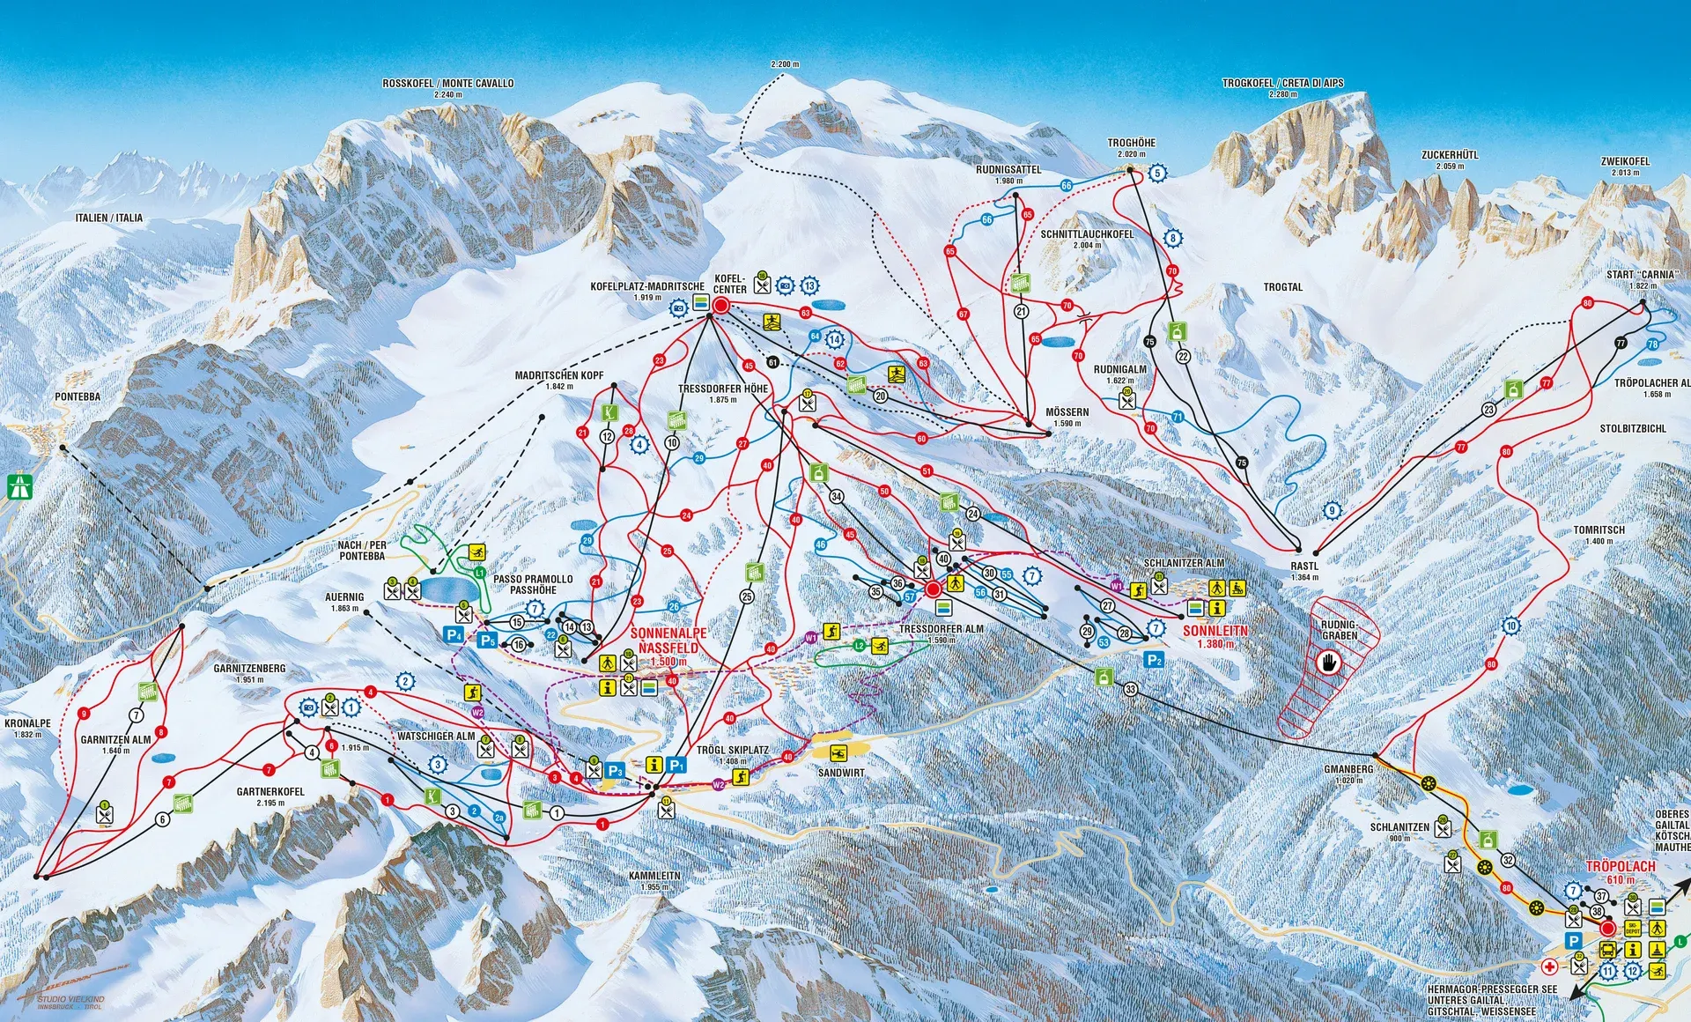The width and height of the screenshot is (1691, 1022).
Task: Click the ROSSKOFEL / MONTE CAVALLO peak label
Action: coord(447,83)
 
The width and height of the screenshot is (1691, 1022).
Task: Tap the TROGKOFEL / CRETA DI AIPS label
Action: coord(1282,83)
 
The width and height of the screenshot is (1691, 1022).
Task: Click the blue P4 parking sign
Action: coord(454,634)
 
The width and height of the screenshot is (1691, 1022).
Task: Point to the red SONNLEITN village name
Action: coord(1215,631)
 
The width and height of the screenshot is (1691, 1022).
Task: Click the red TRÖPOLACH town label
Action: coord(1621,866)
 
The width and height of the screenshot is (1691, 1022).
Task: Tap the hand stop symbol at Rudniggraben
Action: coord(1328,663)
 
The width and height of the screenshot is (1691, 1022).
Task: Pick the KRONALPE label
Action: coord(27,723)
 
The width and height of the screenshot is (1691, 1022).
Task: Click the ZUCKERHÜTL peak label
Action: coord(1450,155)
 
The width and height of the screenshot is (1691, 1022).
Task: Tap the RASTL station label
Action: coord(1304,567)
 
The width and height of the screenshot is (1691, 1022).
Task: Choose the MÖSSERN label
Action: coord(1067,412)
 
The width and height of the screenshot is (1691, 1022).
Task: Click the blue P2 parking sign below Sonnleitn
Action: coord(1154,660)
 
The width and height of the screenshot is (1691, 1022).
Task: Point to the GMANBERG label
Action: coord(1348,769)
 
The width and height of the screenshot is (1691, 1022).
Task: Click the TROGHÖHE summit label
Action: coord(1131,143)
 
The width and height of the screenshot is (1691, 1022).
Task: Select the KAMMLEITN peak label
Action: coord(654,877)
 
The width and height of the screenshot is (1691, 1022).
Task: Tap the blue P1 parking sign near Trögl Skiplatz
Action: coord(676,765)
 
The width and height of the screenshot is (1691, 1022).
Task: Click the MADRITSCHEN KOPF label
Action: coord(559,375)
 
